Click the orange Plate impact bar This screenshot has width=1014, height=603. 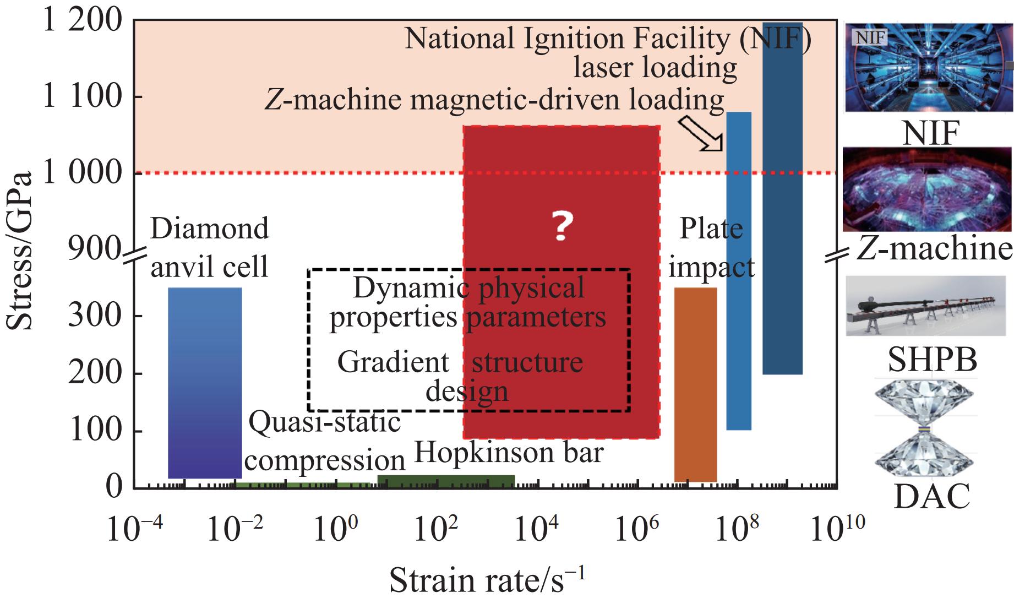coord(695,384)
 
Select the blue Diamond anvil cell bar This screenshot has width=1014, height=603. coord(205,383)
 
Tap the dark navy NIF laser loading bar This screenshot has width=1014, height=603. coord(782,198)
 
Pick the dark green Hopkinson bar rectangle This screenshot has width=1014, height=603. coord(446,481)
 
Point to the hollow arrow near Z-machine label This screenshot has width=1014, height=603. coord(701,133)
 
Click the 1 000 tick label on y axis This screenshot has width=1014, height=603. coord(83,173)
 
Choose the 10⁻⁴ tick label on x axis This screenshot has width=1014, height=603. coord(134,529)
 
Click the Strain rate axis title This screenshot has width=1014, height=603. coord(488,581)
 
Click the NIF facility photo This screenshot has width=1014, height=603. coord(928,67)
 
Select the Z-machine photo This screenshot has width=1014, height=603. coord(927,189)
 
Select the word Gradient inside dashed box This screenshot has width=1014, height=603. coord(393,363)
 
